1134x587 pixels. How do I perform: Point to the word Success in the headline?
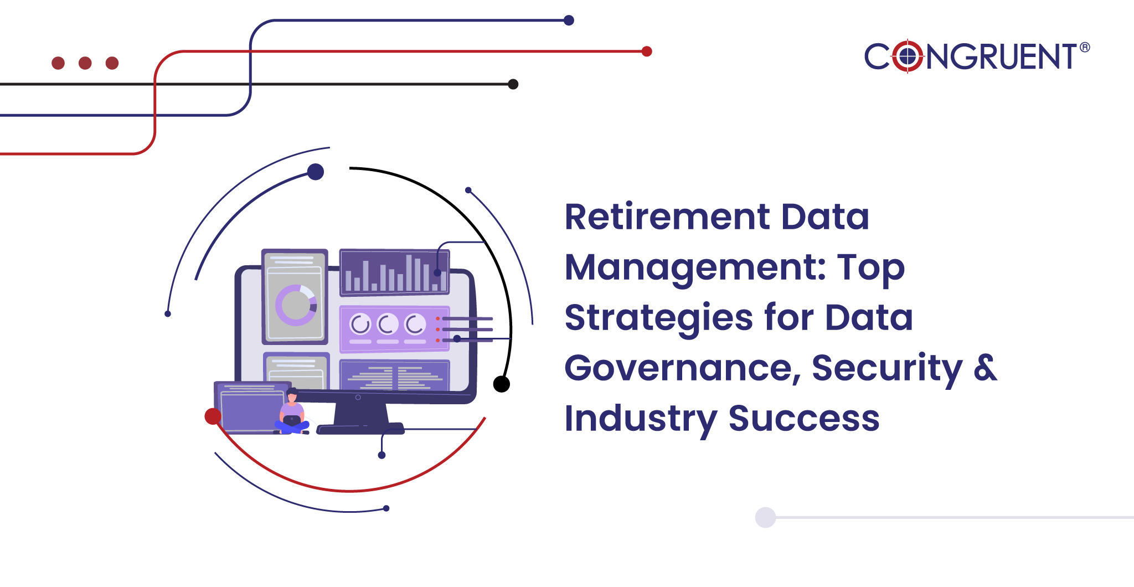804,418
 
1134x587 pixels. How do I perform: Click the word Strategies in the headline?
659,318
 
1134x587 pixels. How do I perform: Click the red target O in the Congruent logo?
908,56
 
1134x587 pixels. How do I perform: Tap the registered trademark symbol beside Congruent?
1085,47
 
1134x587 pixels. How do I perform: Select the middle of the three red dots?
85,63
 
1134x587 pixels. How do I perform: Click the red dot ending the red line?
647,52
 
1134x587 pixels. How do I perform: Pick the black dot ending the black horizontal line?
513,84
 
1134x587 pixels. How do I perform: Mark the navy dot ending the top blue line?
569,20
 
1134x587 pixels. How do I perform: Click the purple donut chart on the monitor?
296,305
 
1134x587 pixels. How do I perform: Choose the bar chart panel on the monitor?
395,272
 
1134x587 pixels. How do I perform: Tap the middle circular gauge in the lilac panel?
388,324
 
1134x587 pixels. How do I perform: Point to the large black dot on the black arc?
502,384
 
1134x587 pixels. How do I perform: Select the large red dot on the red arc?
213,416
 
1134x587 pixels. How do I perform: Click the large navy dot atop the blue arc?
316,172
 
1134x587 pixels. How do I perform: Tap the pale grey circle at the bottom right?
765,517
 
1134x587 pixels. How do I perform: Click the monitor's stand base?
360,429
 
